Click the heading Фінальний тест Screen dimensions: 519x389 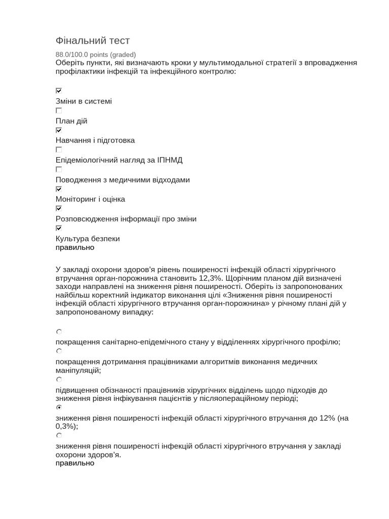tap(93, 41)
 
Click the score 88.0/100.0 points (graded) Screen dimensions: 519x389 tap(96, 54)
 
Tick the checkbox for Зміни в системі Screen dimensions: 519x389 tap(59, 91)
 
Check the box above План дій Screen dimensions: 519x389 tap(59, 110)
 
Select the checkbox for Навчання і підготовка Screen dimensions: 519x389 tap(59, 130)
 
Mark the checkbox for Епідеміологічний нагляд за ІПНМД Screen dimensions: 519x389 tap(59, 150)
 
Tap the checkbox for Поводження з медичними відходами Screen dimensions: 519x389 tap(59, 169)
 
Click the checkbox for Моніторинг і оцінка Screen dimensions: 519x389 tap(59, 189)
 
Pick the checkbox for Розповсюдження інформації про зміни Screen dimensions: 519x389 tap(59, 208)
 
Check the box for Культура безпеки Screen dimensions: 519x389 tap(59, 228)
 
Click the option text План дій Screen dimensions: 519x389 tap(71, 121)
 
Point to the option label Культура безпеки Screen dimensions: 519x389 tap(88, 239)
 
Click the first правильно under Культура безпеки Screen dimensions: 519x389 tap(75, 248)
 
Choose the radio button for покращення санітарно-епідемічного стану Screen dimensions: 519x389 tap(59, 332)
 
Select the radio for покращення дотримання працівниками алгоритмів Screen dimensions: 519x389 tap(59, 351)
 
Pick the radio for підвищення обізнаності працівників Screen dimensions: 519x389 tap(59, 379)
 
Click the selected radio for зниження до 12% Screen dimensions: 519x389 tap(59, 407)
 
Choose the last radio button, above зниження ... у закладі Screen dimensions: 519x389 tap(59, 435)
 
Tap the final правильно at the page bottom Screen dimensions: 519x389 tap(75, 463)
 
